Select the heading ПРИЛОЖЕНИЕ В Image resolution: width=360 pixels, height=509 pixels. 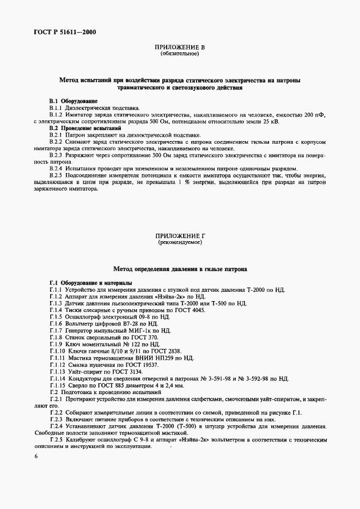(x=180, y=48)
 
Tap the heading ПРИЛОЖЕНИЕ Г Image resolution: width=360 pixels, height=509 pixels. (x=180, y=235)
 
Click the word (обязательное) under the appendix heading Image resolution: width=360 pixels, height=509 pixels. (x=180, y=54)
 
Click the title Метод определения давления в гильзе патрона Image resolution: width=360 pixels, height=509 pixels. (x=180, y=269)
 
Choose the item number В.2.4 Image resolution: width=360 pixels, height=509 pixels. (x=56, y=168)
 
